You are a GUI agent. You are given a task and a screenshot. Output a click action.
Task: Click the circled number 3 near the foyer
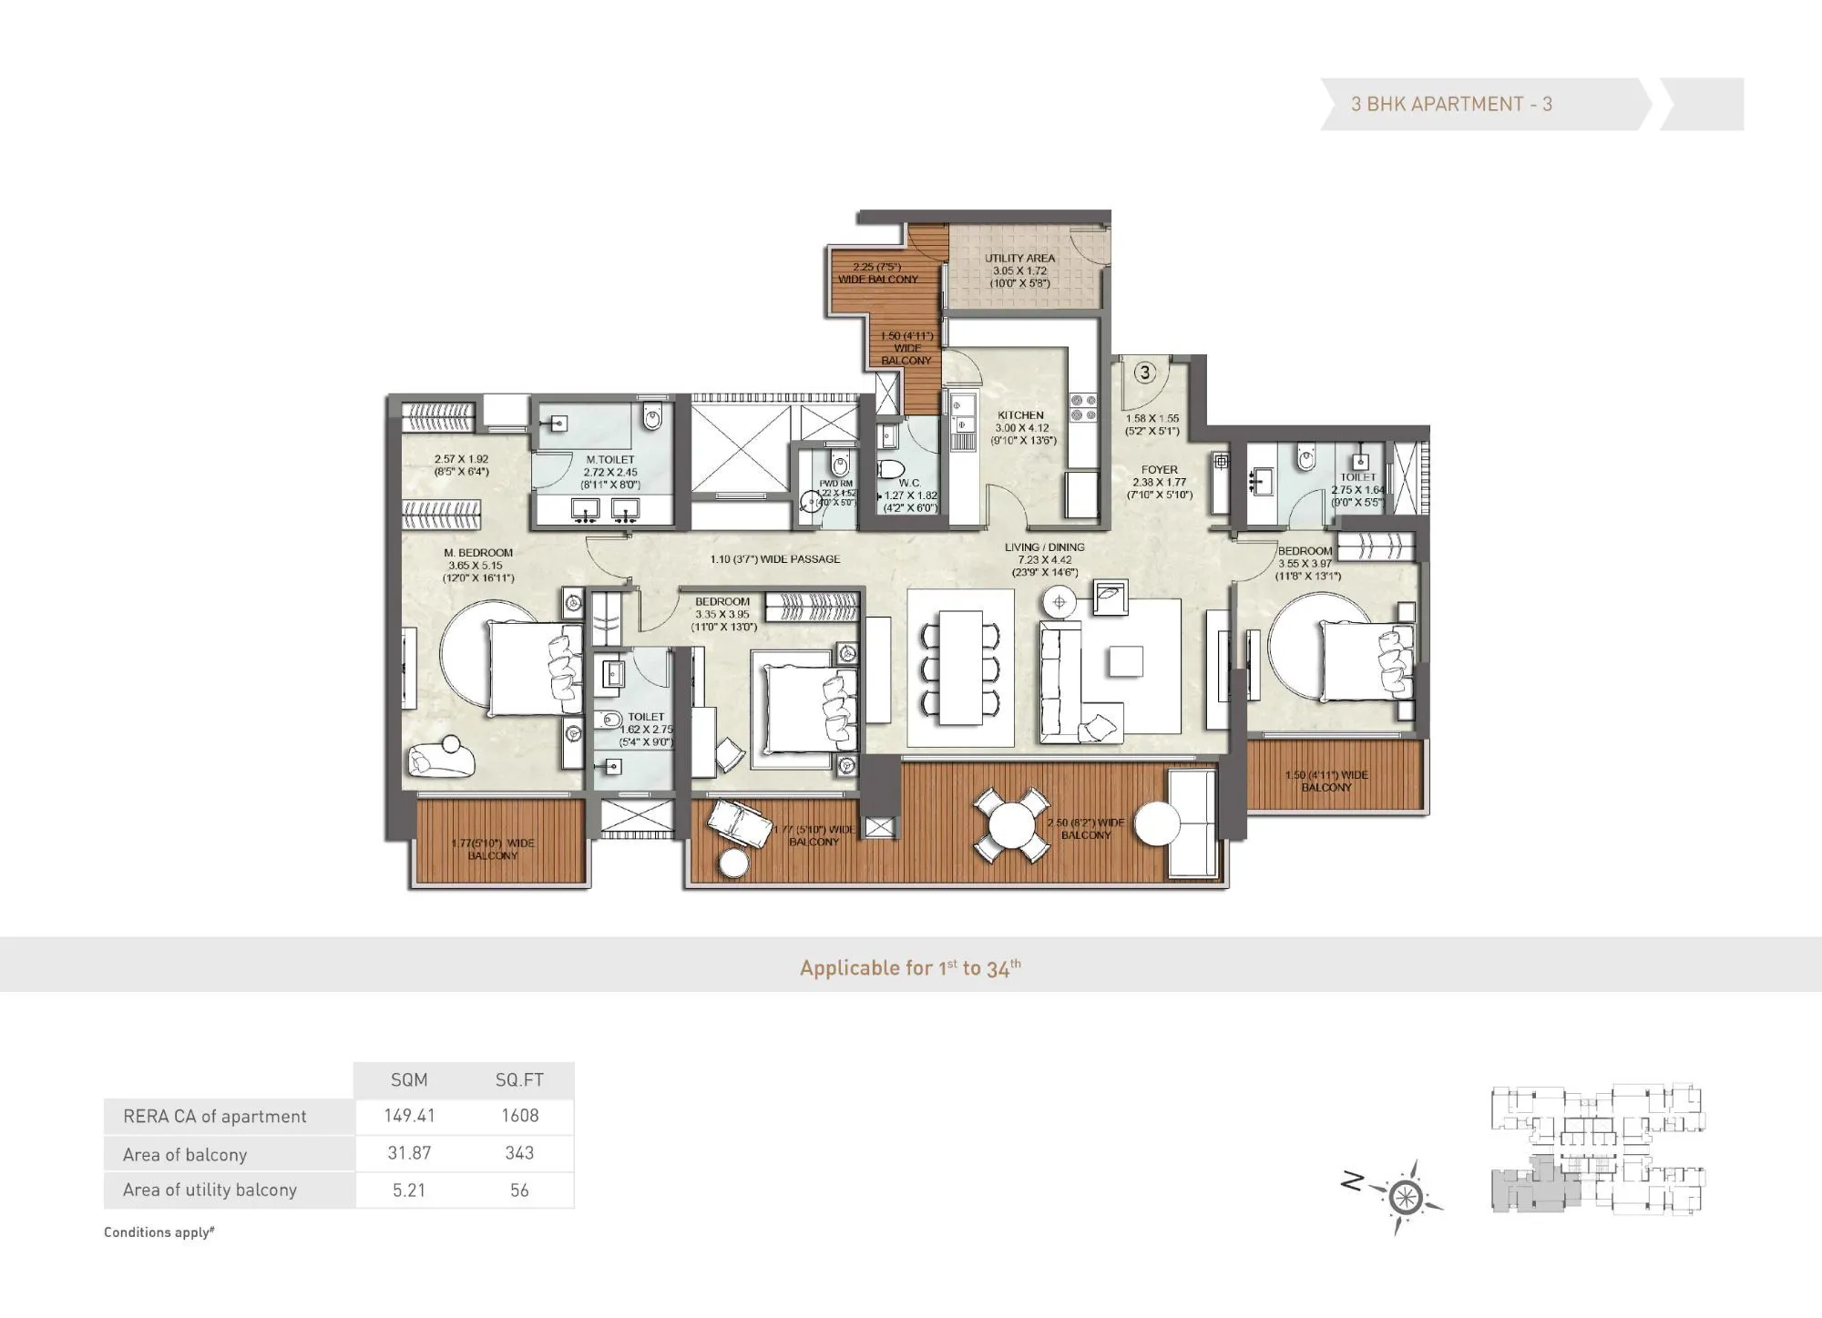pos(1145,373)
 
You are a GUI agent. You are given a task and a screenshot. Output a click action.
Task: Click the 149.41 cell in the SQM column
pos(409,1116)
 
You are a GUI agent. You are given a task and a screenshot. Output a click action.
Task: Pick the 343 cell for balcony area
pos(519,1153)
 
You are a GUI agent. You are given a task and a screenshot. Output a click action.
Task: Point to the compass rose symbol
pos(1406,1196)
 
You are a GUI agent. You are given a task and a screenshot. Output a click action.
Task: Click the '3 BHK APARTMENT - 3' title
pos(1451,104)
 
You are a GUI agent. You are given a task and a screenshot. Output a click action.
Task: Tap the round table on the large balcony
pos(1010,825)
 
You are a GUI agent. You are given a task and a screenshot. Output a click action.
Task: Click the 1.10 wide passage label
pos(775,559)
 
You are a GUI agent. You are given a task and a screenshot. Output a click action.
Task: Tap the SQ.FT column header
pos(519,1080)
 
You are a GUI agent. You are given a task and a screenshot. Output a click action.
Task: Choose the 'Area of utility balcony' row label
pos(210,1190)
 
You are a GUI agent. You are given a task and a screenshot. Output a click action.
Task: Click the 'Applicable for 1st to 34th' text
pos(910,967)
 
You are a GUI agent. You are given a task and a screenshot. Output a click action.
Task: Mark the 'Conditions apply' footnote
pos(159,1232)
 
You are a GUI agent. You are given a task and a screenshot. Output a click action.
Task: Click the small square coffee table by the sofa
pos(1125,661)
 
